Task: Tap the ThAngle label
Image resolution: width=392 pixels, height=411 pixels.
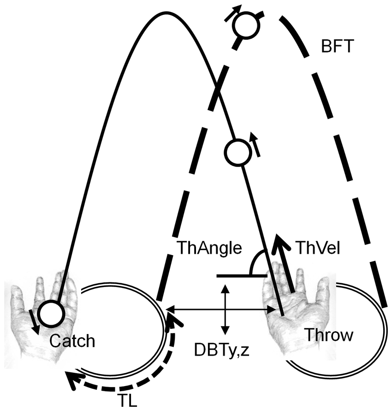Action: (209, 248)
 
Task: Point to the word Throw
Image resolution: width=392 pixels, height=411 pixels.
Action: (328, 334)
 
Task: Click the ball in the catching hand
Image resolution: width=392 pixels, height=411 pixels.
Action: (50, 313)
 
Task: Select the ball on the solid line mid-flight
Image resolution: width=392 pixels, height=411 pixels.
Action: (238, 152)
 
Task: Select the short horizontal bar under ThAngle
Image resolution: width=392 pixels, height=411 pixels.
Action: (240, 276)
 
